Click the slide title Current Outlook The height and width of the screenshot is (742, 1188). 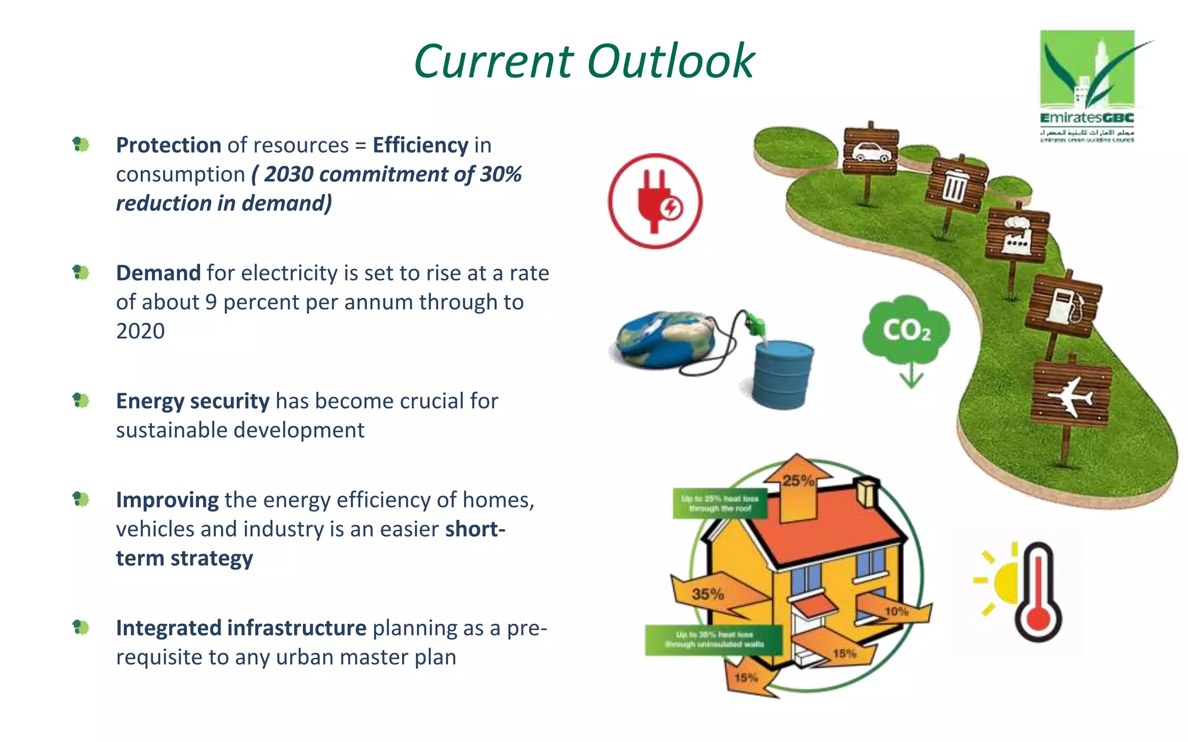[x=584, y=61]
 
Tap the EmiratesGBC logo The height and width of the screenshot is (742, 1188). [x=1088, y=85]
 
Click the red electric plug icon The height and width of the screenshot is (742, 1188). [x=655, y=201]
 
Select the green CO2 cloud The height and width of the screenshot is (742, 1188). [x=906, y=330]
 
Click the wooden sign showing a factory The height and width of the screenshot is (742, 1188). [x=1017, y=237]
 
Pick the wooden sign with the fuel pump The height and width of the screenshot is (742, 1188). [x=1063, y=306]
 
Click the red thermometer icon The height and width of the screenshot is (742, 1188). [x=1038, y=591]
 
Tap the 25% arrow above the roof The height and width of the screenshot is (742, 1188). [x=798, y=487]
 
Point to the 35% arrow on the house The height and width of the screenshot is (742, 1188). [x=709, y=595]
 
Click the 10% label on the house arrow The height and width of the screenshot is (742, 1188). [x=896, y=612]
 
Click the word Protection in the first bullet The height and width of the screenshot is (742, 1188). [x=168, y=145]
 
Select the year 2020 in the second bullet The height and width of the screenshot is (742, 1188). [x=140, y=331]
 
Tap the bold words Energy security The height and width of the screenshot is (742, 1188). [x=193, y=401]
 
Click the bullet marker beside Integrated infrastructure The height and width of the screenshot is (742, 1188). [x=81, y=627]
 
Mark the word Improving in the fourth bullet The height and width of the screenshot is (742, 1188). [x=167, y=500]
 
